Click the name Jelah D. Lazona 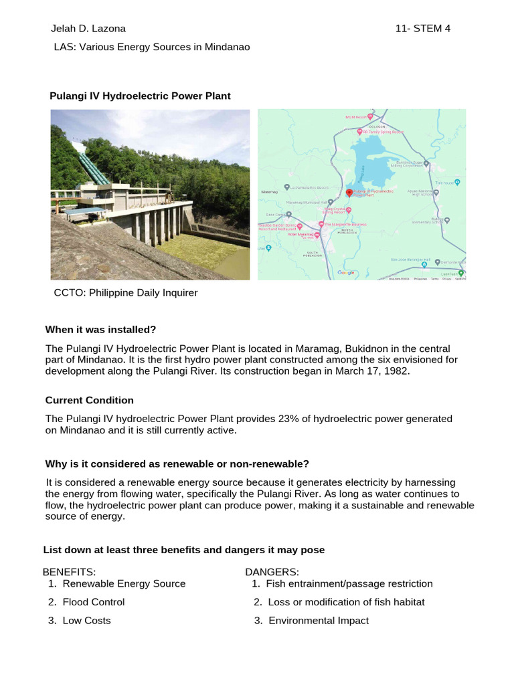[x=88, y=29]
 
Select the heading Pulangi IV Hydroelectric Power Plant [x=140, y=96]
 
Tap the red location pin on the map [x=349, y=193]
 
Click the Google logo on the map [x=346, y=273]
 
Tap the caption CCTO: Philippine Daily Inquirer [x=126, y=293]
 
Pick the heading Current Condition [x=89, y=400]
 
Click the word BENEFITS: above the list [x=70, y=572]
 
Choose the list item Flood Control [x=93, y=602]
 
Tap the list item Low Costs [x=86, y=621]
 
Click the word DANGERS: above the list [x=272, y=572]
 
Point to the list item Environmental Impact [x=318, y=621]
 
